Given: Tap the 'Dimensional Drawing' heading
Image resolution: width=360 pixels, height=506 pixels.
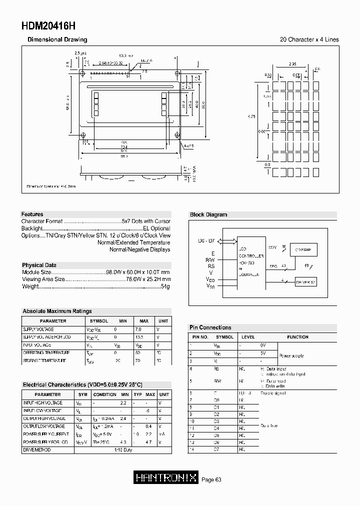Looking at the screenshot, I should (57, 39).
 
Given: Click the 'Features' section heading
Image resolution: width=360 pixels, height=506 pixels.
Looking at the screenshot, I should (32, 214).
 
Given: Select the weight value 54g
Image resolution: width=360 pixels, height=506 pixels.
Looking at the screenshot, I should (165, 286).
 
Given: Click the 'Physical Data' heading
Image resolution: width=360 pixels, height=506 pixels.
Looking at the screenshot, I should (39, 265).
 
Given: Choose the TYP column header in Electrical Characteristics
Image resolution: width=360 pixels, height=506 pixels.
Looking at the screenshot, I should (137, 394).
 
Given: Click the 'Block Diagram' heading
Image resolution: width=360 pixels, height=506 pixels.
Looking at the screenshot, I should (208, 214).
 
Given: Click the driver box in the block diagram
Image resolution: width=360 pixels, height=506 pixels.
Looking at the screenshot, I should (305, 282).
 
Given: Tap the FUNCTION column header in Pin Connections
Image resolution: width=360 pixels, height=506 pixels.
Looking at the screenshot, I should (297, 337).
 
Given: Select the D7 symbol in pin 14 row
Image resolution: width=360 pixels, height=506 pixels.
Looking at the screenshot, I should (217, 450).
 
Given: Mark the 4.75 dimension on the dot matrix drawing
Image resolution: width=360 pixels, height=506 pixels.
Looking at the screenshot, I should (252, 116).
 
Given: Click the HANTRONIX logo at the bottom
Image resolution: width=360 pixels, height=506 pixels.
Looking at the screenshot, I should (167, 478).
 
